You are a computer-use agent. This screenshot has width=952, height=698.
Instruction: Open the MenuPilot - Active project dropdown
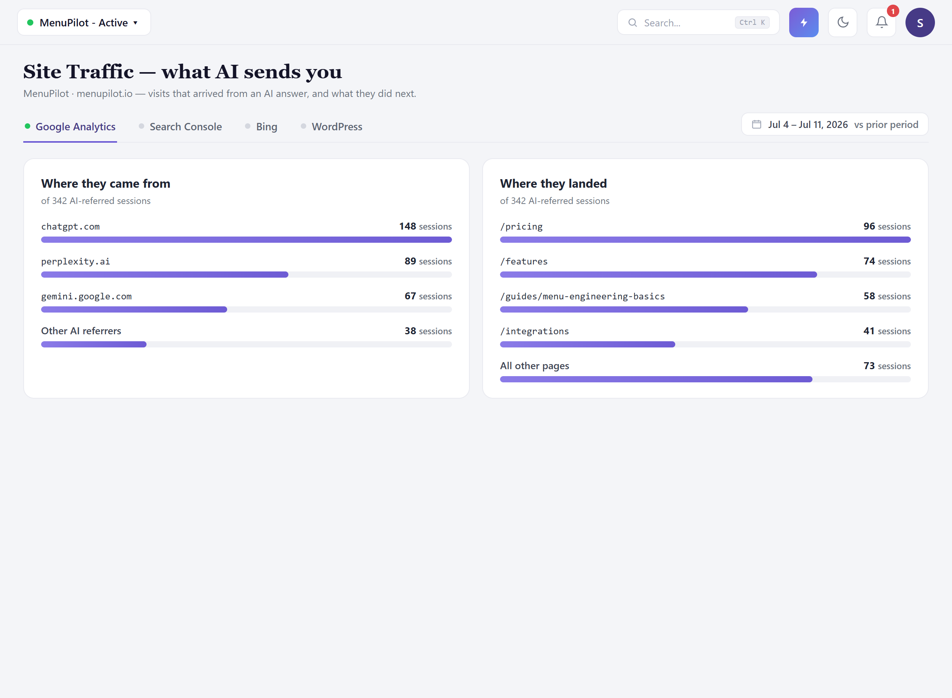(84, 22)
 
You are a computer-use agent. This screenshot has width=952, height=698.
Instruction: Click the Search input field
(698, 22)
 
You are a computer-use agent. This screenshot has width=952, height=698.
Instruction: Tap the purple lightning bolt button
(803, 22)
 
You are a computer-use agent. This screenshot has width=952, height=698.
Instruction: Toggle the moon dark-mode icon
(843, 22)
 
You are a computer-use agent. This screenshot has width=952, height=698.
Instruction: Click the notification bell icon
(881, 22)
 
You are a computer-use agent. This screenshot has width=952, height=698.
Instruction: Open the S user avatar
(920, 22)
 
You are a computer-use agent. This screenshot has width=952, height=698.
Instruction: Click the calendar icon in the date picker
(757, 124)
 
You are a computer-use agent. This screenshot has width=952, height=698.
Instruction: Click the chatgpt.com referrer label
(71, 226)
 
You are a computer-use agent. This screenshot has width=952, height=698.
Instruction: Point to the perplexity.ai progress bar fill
(165, 275)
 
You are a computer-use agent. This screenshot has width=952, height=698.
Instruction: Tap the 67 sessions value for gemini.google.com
(428, 296)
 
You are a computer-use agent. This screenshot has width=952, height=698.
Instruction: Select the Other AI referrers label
(81, 331)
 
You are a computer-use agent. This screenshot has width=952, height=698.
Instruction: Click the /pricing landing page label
(521, 226)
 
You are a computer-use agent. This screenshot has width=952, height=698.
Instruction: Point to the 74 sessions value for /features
(887, 261)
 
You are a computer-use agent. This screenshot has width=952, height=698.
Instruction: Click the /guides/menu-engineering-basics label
(583, 296)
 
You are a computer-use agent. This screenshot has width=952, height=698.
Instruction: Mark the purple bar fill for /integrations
(588, 344)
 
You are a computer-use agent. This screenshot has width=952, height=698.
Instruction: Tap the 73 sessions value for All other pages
(887, 366)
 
